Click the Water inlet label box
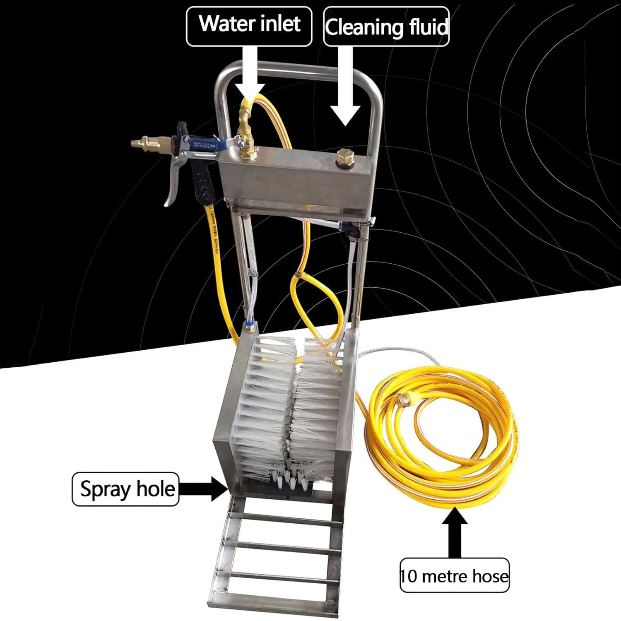pyautogui.click(x=249, y=26)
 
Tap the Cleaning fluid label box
pyautogui.click(x=386, y=26)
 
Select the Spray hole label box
pyautogui.click(x=125, y=489)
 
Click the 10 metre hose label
pyautogui.click(x=455, y=575)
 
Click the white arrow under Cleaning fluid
pyautogui.click(x=345, y=86)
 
